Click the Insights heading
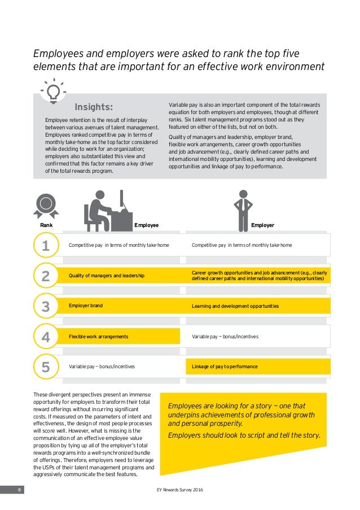tap(94, 107)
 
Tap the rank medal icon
tap(46, 206)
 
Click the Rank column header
tap(46, 225)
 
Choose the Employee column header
tap(147, 225)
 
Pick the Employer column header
tap(262, 225)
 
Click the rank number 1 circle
tap(46, 246)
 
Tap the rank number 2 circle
tap(46, 276)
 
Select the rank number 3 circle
tap(46, 307)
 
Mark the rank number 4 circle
tap(46, 337)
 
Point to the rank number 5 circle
tap(46, 367)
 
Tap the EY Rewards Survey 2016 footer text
tap(179, 490)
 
